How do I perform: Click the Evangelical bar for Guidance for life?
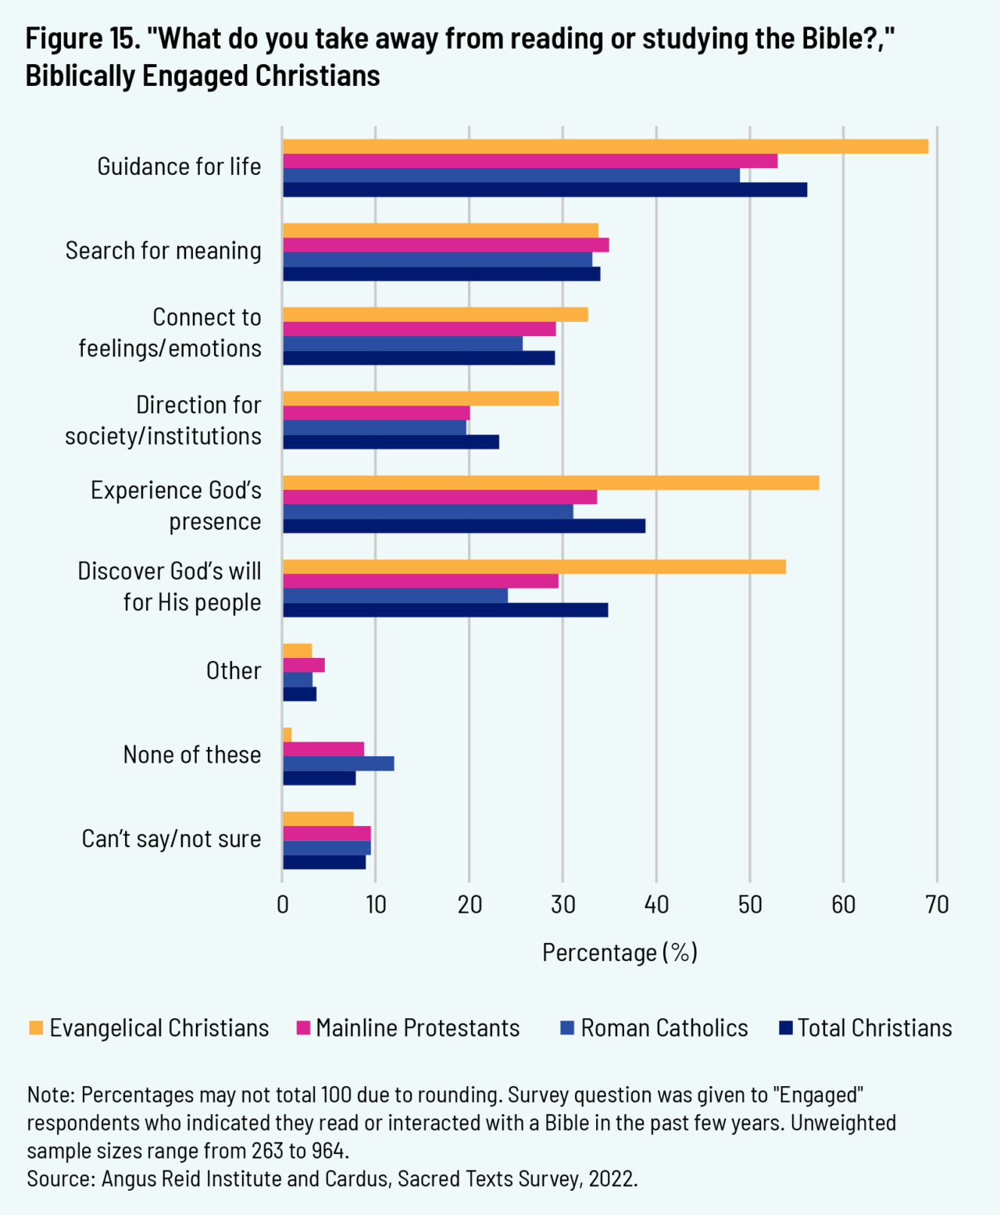click(x=605, y=147)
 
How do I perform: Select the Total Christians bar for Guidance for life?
click(x=545, y=190)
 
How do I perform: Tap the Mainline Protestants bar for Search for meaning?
click(x=445, y=245)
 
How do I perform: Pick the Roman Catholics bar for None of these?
click(x=338, y=763)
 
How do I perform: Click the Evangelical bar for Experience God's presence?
click(x=551, y=483)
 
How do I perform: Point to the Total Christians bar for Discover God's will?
click(x=445, y=610)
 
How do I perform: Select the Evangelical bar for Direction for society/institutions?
click(x=420, y=398)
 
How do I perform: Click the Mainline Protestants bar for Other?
click(x=304, y=666)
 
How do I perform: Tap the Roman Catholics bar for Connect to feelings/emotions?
click(x=402, y=344)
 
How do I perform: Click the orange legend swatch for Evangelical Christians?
click(x=36, y=1028)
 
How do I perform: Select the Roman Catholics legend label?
click(x=664, y=1028)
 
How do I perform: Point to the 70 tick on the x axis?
click(x=937, y=905)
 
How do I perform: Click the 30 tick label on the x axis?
click(x=562, y=905)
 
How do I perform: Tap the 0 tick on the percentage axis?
click(x=283, y=905)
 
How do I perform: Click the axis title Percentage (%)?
click(x=620, y=952)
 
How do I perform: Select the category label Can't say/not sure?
click(x=172, y=839)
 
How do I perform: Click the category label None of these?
click(x=192, y=755)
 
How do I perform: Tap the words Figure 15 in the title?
click(x=83, y=38)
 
